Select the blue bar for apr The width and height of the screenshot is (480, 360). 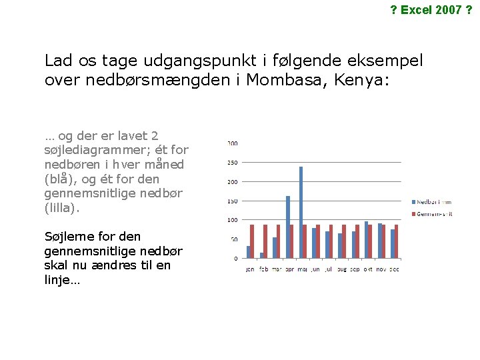[288, 227]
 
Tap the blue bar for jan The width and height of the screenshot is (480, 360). [249, 252]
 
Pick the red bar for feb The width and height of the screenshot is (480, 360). [265, 241]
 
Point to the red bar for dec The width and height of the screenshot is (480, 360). [396, 241]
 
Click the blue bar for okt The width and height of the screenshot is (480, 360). [366, 239]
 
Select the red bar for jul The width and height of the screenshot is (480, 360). [331, 241]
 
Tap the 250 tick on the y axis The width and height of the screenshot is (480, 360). [233, 163]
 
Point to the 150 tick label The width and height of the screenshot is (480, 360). [233, 201]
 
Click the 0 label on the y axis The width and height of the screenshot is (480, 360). [235, 258]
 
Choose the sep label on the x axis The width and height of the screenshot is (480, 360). [355, 269]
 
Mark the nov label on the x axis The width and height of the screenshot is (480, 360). [381, 269]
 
